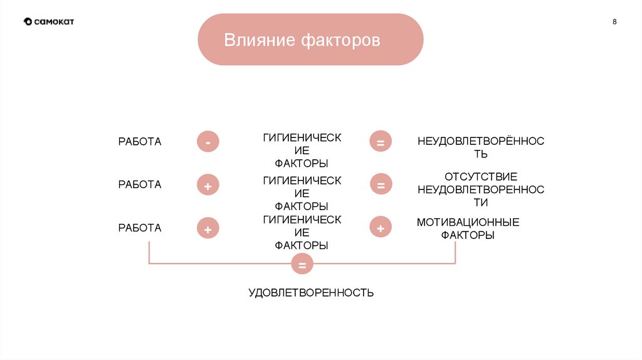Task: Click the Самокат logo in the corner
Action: pyautogui.click(x=49, y=21)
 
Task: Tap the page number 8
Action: pyautogui.click(x=614, y=22)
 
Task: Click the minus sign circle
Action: pyautogui.click(x=208, y=142)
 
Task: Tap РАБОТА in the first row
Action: pyautogui.click(x=140, y=142)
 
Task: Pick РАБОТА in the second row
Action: pyautogui.click(x=140, y=184)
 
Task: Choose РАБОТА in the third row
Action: pyautogui.click(x=140, y=228)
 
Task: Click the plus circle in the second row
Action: pyautogui.click(x=208, y=186)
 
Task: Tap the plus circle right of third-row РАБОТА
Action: pyautogui.click(x=208, y=229)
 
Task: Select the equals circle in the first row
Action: pyautogui.click(x=380, y=142)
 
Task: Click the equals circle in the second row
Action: pyautogui.click(x=380, y=185)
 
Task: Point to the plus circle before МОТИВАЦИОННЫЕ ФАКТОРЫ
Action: pyautogui.click(x=380, y=228)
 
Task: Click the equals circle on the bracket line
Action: pyautogui.click(x=302, y=265)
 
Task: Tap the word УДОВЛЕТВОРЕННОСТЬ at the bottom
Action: pyautogui.click(x=311, y=293)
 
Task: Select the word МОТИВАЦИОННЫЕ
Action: pyautogui.click(x=468, y=222)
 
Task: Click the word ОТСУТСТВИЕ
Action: pyautogui.click(x=480, y=177)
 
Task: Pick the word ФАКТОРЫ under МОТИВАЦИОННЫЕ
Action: pyautogui.click(x=468, y=235)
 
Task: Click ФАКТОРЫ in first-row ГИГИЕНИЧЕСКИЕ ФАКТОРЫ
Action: pyautogui.click(x=302, y=164)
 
